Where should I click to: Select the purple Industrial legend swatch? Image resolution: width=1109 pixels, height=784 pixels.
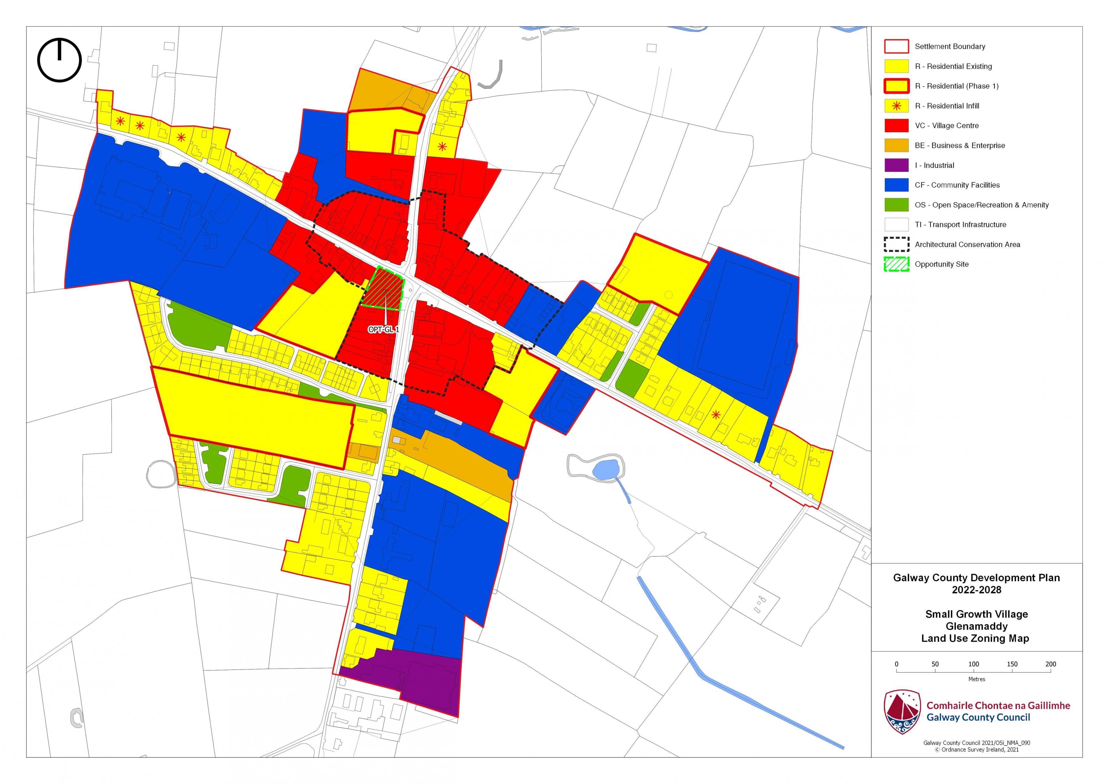[x=896, y=165]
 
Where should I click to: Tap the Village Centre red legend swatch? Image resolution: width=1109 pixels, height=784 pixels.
[x=896, y=126]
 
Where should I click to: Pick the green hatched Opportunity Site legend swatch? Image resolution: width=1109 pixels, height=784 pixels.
[x=896, y=264]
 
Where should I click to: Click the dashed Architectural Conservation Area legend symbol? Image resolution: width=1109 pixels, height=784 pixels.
[x=896, y=244]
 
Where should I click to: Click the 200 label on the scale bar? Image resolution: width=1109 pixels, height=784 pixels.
[x=1050, y=664]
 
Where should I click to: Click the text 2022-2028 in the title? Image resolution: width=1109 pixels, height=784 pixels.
[x=976, y=590]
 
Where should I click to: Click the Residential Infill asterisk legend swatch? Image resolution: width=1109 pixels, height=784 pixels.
[x=896, y=106]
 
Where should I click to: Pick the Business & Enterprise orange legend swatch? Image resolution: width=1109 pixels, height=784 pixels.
[x=896, y=145]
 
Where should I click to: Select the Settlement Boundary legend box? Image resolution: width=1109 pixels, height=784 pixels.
[x=896, y=47]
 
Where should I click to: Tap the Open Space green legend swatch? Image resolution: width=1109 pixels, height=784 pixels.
[x=896, y=205]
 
